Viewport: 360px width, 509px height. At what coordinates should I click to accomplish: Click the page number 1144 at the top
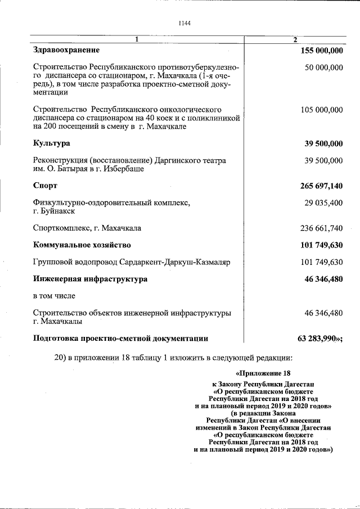(184, 23)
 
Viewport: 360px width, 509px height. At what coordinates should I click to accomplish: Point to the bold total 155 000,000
(322, 51)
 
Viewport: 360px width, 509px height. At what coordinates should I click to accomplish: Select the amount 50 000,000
(323, 67)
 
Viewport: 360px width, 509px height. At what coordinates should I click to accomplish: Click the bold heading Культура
(52, 143)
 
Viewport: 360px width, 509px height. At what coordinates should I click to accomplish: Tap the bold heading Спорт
(46, 186)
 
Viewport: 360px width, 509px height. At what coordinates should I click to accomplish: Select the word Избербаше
(125, 169)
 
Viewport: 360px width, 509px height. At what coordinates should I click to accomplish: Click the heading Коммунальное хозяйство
(82, 245)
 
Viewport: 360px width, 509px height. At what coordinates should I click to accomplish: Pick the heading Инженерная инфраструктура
(91, 278)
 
